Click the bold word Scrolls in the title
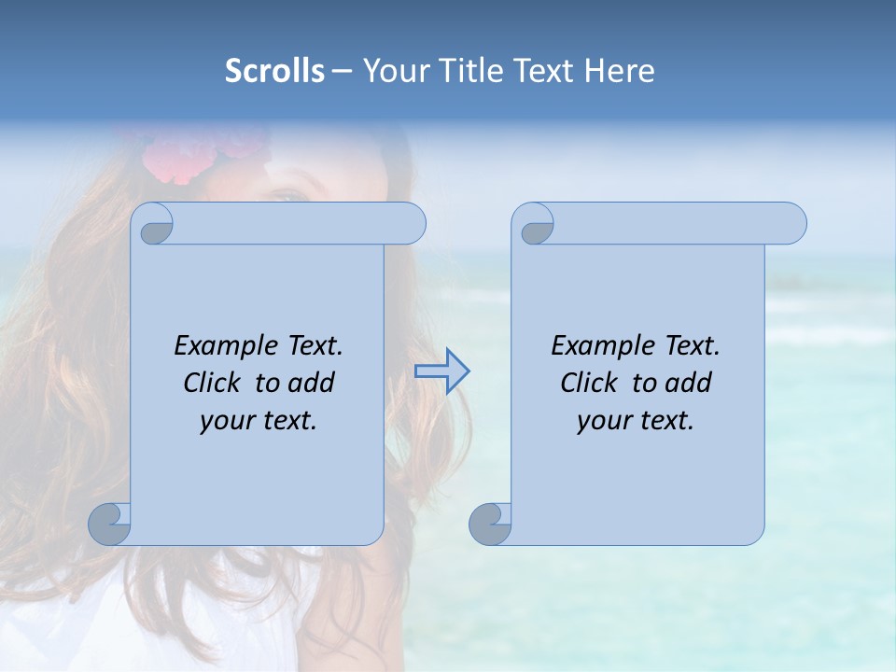pyautogui.click(x=274, y=71)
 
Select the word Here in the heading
pyautogui.click(x=620, y=71)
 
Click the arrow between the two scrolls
pyautogui.click(x=441, y=371)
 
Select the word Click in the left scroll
pyautogui.click(x=213, y=383)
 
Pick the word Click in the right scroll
pyautogui.click(x=589, y=383)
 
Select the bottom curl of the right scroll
pyautogui.click(x=490, y=524)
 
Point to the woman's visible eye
pyautogui.click(x=289, y=194)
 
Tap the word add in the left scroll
pyautogui.click(x=313, y=383)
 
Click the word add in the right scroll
pyautogui.click(x=690, y=383)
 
